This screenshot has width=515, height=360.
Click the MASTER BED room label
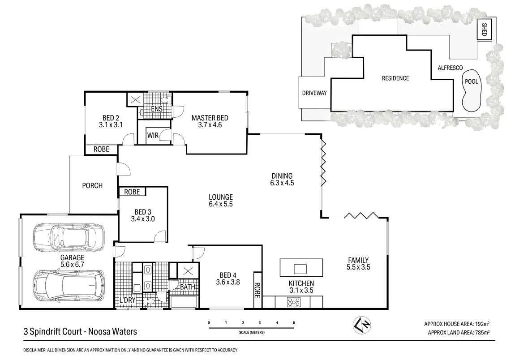coord(210,118)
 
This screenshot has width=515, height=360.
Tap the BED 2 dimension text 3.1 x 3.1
coord(110,125)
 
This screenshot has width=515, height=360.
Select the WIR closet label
coord(153,135)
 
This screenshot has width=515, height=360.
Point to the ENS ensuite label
coord(157,109)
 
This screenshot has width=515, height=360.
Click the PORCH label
coord(92,185)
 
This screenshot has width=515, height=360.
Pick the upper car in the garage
coord(69,236)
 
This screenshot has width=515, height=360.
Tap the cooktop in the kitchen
coord(294,302)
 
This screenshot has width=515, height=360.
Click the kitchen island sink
coord(300,269)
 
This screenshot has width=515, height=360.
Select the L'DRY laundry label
coord(127,300)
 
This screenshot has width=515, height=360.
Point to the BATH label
coord(188,287)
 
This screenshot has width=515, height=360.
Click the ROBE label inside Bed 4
coord(257,290)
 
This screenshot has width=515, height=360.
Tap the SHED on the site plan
coord(484,30)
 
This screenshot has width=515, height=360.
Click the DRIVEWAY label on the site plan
coord(314,93)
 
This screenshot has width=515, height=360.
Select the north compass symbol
coord(361,325)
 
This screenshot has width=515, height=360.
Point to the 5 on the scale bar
coord(294,323)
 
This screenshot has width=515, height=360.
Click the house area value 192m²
coord(482,324)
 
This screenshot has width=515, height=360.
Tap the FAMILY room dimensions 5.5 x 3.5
coord(358,267)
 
